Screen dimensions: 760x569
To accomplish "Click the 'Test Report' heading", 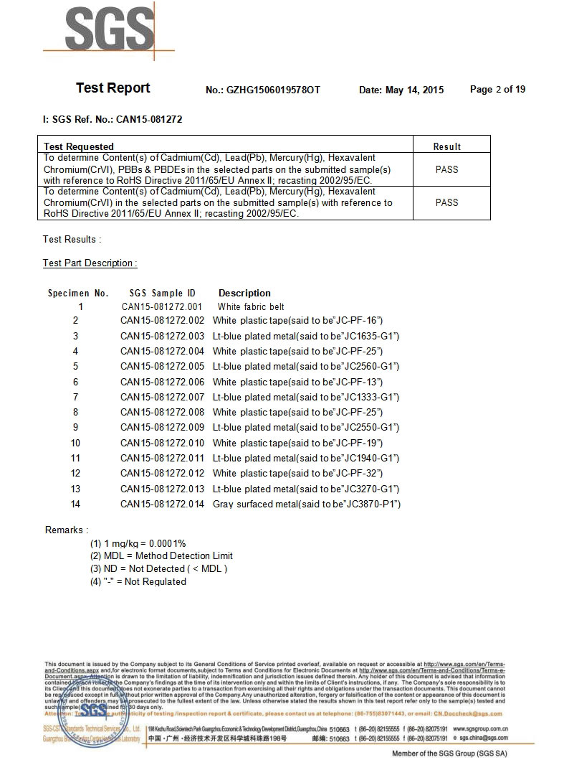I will point(113,88).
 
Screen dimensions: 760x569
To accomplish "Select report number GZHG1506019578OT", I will point(274,90).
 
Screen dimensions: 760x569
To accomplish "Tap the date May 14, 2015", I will point(414,90).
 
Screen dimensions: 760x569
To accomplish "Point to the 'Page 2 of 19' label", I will point(497,90).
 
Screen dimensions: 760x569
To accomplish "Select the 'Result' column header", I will point(447,147).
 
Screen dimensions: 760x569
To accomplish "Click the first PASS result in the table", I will point(446,169).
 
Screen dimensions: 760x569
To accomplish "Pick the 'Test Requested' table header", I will point(79,147).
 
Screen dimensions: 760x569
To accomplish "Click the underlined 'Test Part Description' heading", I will point(90,263).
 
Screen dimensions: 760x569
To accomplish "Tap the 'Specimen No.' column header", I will point(78,294).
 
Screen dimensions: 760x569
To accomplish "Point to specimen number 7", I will point(76,398).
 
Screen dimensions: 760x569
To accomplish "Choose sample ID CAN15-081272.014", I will point(162,505).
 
